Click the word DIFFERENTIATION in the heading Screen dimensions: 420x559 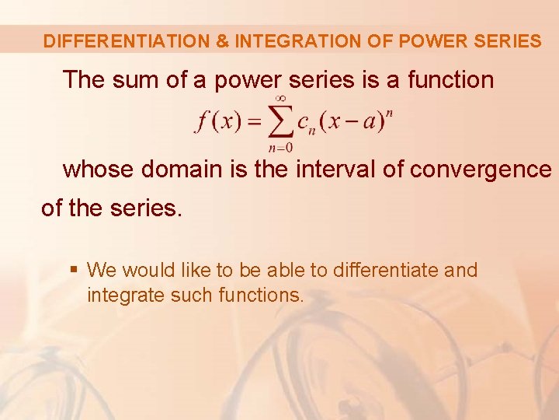click(x=126, y=41)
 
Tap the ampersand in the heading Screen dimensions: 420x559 click(x=221, y=41)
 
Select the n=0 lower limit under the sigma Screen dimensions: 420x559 click(x=280, y=149)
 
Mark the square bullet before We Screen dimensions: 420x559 click(x=73, y=270)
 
